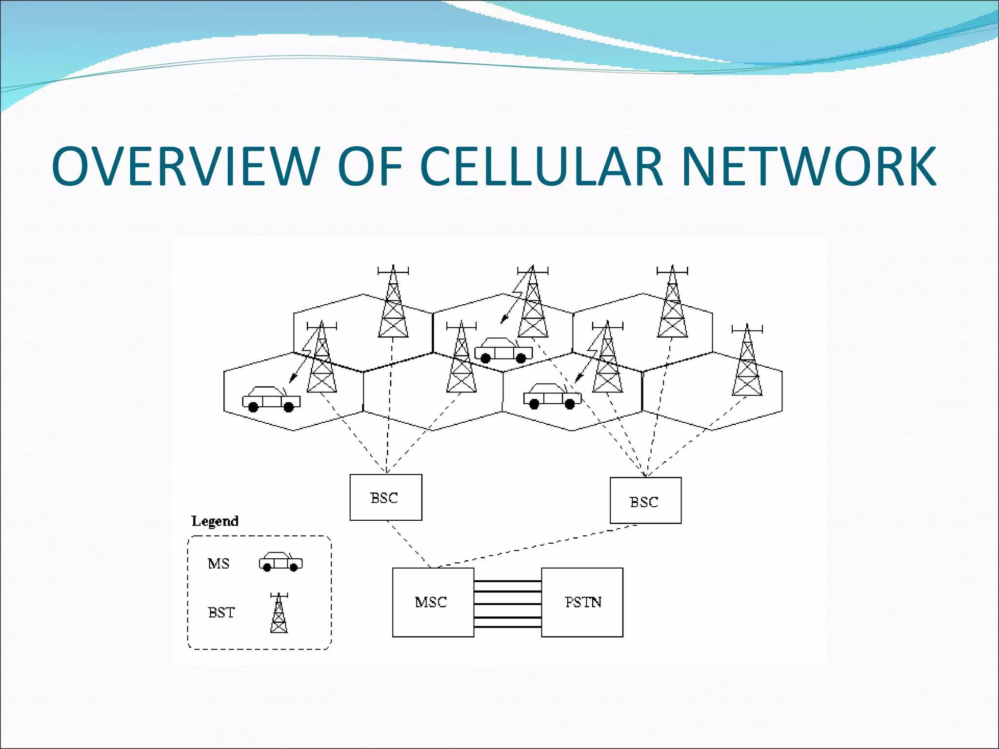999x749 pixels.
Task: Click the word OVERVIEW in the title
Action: pyautogui.click(x=185, y=166)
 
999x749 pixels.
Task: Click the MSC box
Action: pyautogui.click(x=433, y=602)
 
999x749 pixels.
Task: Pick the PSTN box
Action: pyautogui.click(x=582, y=602)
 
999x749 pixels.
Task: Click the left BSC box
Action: pyautogui.click(x=385, y=497)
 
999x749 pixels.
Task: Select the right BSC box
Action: pyautogui.click(x=645, y=501)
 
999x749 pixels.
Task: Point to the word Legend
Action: pyautogui.click(x=215, y=521)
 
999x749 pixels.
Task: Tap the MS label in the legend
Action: pyautogui.click(x=219, y=564)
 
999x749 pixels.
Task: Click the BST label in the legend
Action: pyautogui.click(x=221, y=612)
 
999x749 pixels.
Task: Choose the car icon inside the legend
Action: pyautogui.click(x=280, y=562)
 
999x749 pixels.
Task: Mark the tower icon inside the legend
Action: pyautogui.click(x=279, y=613)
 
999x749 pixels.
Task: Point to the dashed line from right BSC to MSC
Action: pyautogui.click(x=537, y=546)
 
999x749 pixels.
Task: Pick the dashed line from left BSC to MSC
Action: pyautogui.click(x=409, y=544)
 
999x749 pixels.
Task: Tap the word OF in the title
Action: pyautogui.click(x=370, y=166)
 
